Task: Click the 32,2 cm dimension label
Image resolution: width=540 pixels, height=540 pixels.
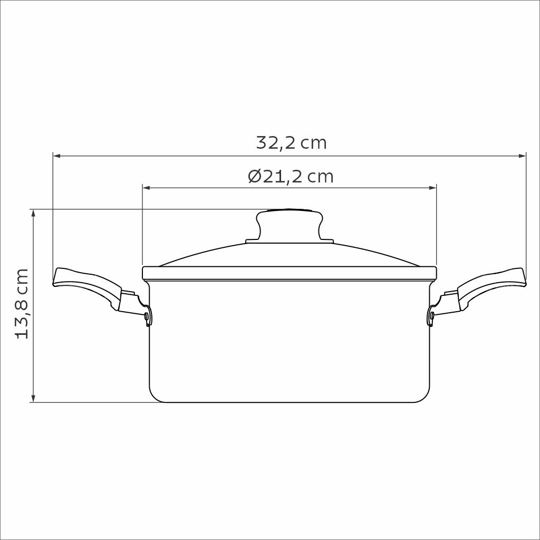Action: coord(291,142)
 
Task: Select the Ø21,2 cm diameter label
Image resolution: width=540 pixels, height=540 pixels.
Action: coord(291,176)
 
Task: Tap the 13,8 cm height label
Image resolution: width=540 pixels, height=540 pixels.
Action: coord(22,304)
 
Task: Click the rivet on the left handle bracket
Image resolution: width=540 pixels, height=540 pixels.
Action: coord(147,315)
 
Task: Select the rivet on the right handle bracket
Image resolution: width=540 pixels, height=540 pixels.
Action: coord(432,315)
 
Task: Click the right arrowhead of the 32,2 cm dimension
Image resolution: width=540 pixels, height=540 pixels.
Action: coord(522,156)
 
